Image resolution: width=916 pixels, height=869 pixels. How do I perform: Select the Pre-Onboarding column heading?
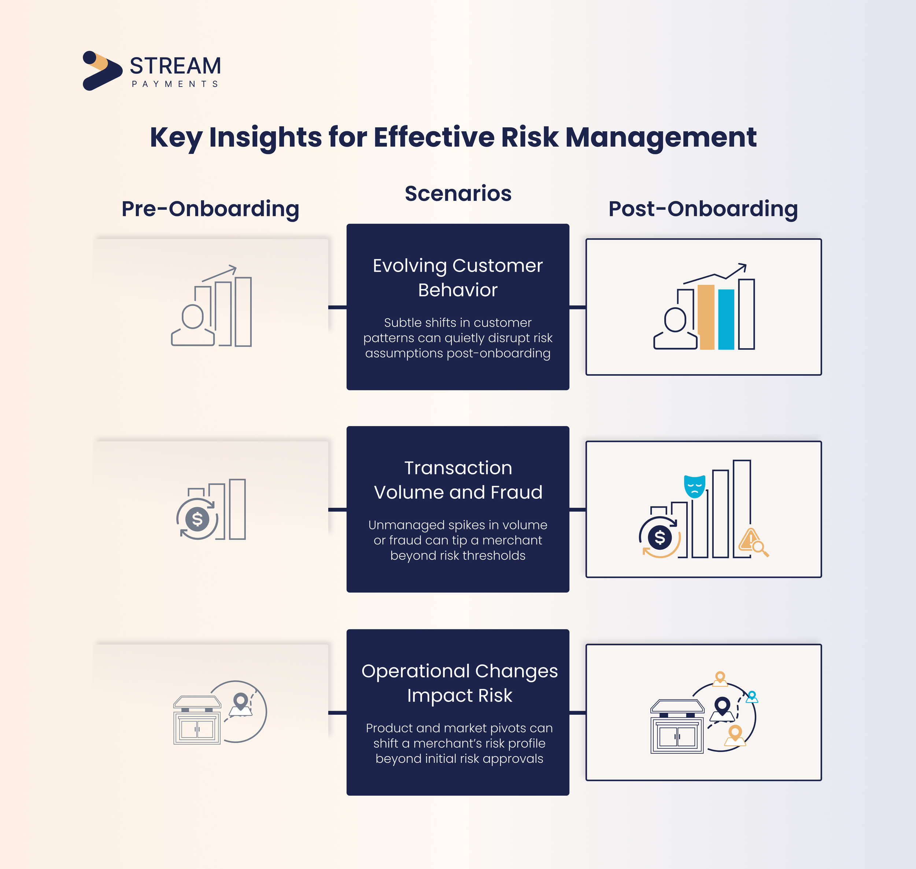pyautogui.click(x=210, y=209)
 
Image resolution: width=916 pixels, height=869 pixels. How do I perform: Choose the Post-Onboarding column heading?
pyautogui.click(x=703, y=209)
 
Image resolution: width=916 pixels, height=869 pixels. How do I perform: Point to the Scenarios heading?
pyautogui.click(x=458, y=193)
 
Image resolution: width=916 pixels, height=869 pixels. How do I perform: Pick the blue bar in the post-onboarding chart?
pyautogui.click(x=726, y=319)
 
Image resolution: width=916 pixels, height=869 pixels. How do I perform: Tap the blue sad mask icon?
pyautogui.click(x=695, y=486)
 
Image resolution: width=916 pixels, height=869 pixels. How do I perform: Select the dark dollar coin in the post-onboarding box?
pyautogui.click(x=660, y=537)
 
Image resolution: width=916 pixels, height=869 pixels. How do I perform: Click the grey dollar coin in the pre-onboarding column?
pyautogui.click(x=197, y=519)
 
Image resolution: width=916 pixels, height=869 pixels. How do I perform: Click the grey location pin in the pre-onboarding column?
pyautogui.click(x=240, y=702)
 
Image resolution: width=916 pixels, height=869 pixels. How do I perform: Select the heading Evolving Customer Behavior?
pyautogui.click(x=458, y=277)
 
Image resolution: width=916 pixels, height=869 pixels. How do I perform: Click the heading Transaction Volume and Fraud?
pyautogui.click(x=458, y=480)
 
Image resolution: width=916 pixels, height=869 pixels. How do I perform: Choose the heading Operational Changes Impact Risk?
pyautogui.click(x=459, y=683)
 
